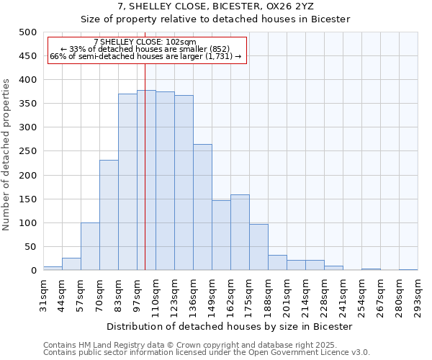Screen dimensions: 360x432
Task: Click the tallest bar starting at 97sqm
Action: point(146,180)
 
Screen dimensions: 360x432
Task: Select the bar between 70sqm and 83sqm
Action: point(109,215)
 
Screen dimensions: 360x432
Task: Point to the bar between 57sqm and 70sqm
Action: point(90,247)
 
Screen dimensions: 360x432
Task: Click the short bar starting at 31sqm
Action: point(53,269)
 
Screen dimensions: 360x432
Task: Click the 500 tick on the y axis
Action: point(27,32)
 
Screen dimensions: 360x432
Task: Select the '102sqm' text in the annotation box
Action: point(180,42)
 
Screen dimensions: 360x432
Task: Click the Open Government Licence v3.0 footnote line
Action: point(207,353)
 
